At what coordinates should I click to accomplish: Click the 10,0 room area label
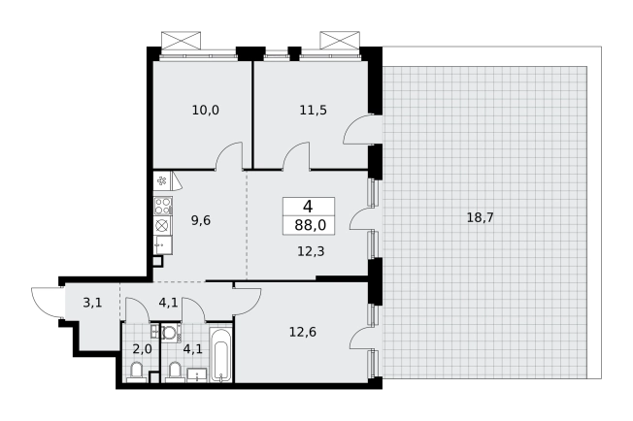[206, 110]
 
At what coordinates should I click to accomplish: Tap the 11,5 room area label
[314, 110]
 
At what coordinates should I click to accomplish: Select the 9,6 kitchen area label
[201, 220]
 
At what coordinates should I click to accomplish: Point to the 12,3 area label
[311, 251]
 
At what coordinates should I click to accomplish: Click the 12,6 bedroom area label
[303, 332]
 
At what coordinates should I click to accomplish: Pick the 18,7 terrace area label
[480, 217]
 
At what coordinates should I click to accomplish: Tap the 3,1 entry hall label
[92, 303]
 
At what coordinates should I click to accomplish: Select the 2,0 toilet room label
[143, 349]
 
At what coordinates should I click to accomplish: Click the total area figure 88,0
[310, 225]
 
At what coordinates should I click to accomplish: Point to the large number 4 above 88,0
[308, 207]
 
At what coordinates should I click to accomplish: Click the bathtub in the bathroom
[220, 353]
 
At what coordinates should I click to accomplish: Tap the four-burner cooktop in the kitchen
[163, 206]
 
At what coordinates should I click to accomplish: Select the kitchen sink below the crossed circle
[163, 245]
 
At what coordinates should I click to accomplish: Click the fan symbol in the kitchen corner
[162, 180]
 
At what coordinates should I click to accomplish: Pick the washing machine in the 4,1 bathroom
[171, 333]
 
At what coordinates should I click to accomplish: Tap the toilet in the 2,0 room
[137, 372]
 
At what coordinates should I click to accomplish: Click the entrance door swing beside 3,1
[47, 302]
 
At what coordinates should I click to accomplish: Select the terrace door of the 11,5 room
[362, 129]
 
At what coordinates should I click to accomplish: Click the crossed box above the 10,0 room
[181, 41]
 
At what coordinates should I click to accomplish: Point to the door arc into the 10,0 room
[230, 156]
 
